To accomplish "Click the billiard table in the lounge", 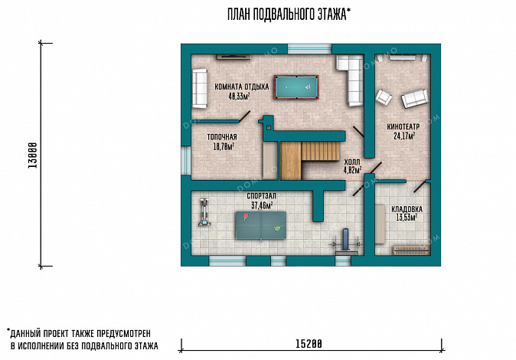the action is (296, 87).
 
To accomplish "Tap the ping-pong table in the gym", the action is (261, 225).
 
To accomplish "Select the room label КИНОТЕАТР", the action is (403, 127).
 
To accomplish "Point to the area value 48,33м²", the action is (239, 97).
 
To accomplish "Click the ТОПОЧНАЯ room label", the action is (222, 137).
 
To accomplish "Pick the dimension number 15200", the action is (309, 344).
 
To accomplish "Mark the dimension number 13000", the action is (32, 155).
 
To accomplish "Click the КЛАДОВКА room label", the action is (407, 209).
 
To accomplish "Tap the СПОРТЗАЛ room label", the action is (262, 196).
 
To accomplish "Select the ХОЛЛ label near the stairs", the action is (352, 162).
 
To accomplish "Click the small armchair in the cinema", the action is (384, 97).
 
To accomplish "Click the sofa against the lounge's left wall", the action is (200, 88).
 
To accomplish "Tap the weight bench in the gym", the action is (346, 241).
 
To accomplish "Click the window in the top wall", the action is (309, 49).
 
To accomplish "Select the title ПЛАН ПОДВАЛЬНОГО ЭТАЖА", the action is (289, 14).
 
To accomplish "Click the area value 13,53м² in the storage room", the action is (407, 218).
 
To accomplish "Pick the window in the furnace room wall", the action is (186, 160).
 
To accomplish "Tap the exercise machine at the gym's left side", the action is (204, 212).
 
